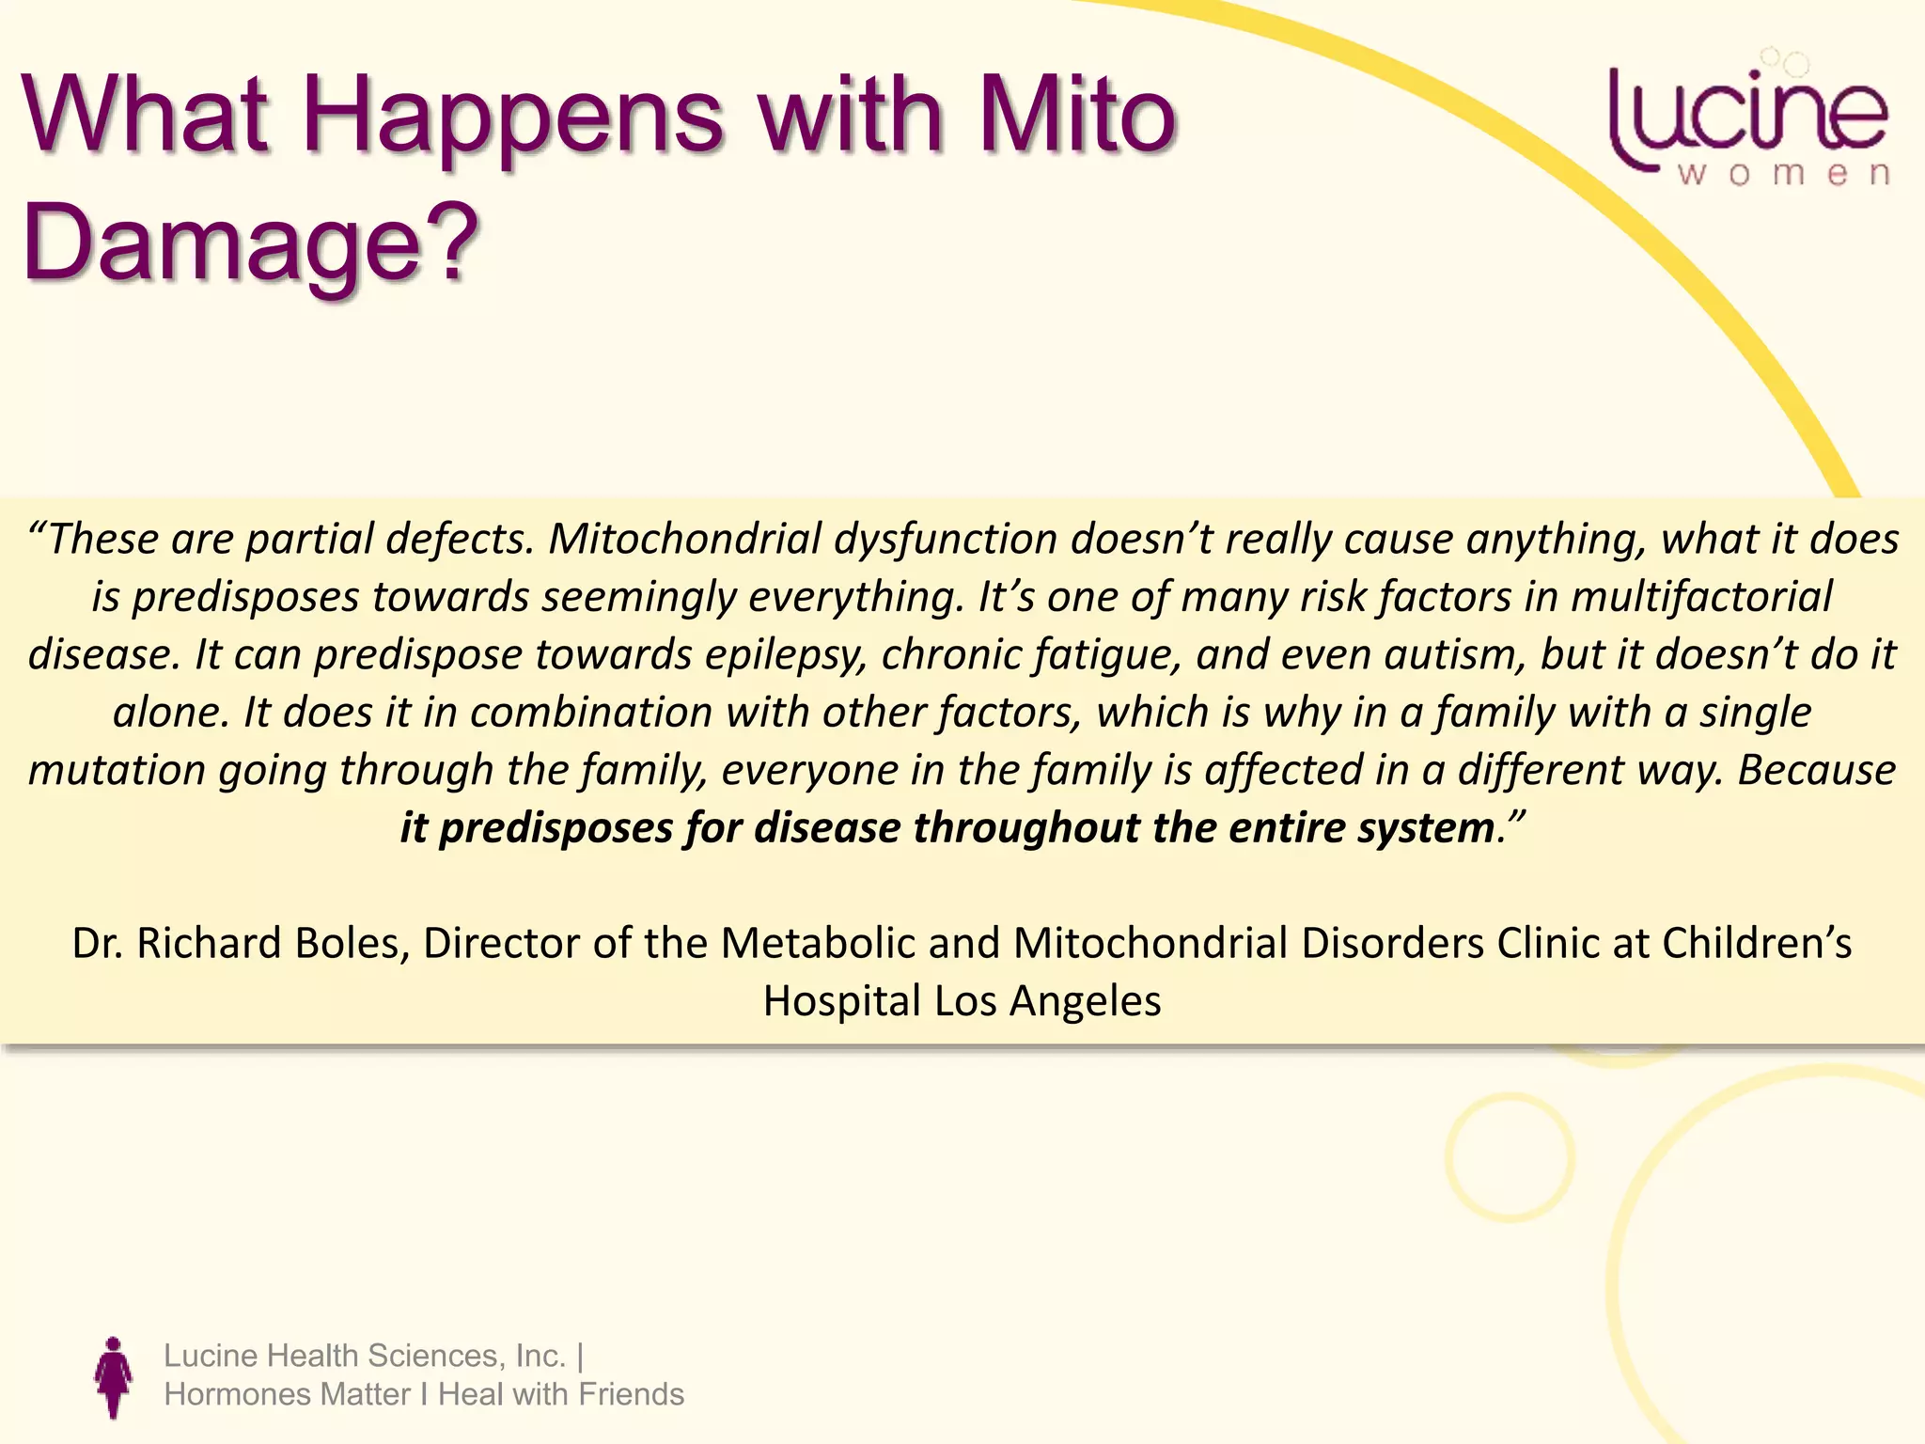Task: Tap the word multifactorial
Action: (x=1701, y=597)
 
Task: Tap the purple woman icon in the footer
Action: (x=114, y=1377)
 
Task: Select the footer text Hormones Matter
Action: (x=287, y=1394)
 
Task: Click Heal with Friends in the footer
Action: (x=561, y=1394)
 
